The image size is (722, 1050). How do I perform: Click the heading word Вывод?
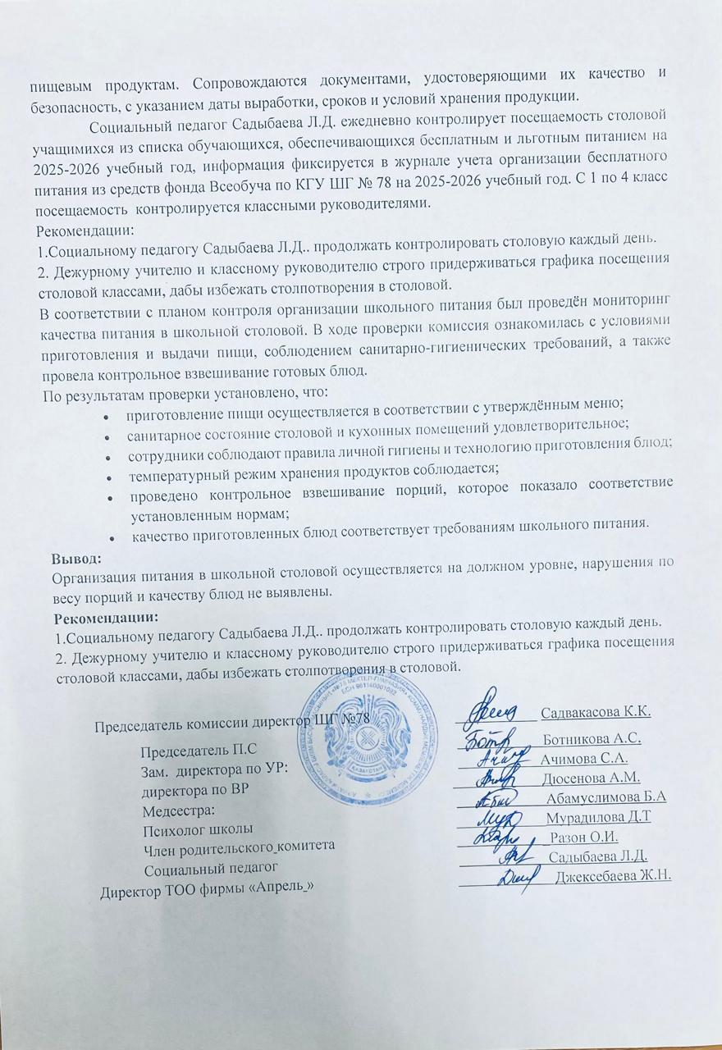[75, 559]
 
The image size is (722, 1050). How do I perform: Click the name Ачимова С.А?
[584, 758]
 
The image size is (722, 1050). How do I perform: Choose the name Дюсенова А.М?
[591, 778]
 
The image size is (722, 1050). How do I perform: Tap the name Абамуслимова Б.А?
[605, 797]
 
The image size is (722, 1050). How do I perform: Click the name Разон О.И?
[584, 838]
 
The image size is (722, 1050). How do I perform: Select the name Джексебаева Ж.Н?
[614, 876]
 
